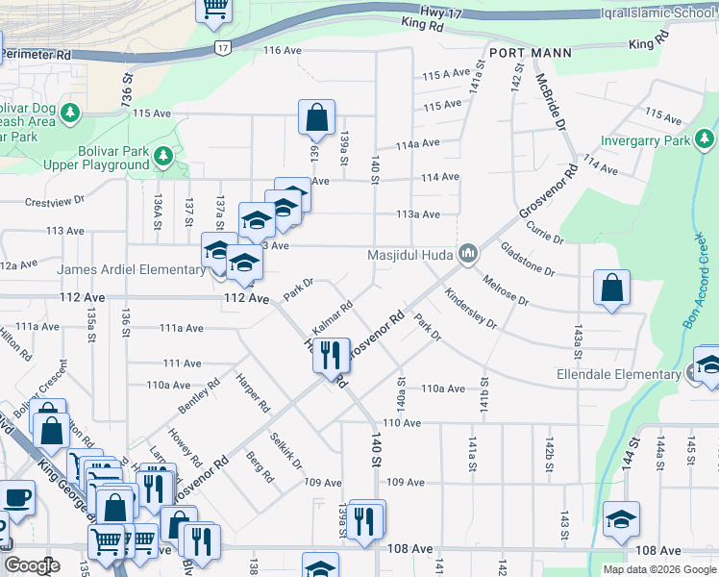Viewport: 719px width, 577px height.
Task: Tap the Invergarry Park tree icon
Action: pyautogui.click(x=706, y=141)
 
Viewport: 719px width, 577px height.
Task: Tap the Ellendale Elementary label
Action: pyautogui.click(x=631, y=374)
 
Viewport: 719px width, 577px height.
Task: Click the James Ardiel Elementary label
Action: pyautogui.click(x=131, y=269)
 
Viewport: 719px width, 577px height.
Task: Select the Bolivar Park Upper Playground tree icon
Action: pyautogui.click(x=163, y=155)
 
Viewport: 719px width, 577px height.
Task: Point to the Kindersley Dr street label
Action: pyautogui.click(x=471, y=307)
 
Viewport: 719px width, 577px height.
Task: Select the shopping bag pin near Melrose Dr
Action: pyautogui.click(x=611, y=288)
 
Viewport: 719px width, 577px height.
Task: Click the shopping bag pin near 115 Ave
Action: pyautogui.click(x=316, y=118)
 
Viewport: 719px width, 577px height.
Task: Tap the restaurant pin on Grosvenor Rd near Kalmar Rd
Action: pyautogui.click(x=330, y=354)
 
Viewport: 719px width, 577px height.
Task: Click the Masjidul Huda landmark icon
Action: pyautogui.click(x=468, y=254)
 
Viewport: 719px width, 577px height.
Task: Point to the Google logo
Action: pyautogui.click(x=32, y=564)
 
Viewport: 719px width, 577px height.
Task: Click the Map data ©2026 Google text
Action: pyautogui.click(x=660, y=569)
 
